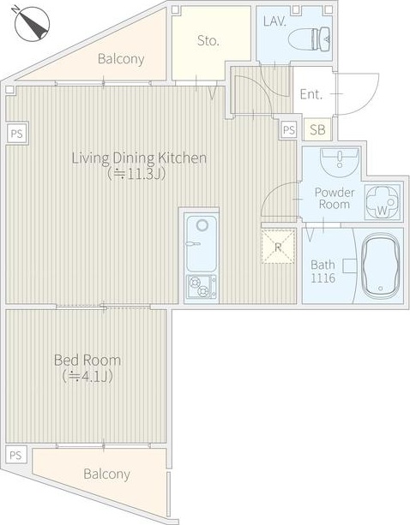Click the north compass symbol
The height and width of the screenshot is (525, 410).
tap(33, 24)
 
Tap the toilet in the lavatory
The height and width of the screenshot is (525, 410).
tap(310, 39)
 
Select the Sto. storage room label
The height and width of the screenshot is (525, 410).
tap(208, 41)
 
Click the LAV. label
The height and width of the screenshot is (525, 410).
tap(274, 21)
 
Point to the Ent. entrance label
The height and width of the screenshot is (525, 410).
tap(311, 94)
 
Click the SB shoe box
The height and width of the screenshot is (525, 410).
tap(317, 129)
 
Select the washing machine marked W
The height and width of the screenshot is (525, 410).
tap(383, 203)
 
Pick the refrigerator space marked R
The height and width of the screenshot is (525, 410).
tap(278, 247)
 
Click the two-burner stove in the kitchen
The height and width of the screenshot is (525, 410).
tap(202, 287)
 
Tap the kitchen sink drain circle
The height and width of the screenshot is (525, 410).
tap(202, 225)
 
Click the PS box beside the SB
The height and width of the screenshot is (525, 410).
tap(289, 129)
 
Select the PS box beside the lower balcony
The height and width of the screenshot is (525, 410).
tap(15, 456)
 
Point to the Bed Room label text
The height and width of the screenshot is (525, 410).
tap(87, 361)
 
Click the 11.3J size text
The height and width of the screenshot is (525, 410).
tap(136, 174)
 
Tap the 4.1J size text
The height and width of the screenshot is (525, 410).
tap(87, 377)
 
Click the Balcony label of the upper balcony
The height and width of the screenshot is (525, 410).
tap(121, 59)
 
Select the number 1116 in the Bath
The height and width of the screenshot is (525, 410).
tap(323, 277)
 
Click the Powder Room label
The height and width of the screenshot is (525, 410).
tap(335, 198)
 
